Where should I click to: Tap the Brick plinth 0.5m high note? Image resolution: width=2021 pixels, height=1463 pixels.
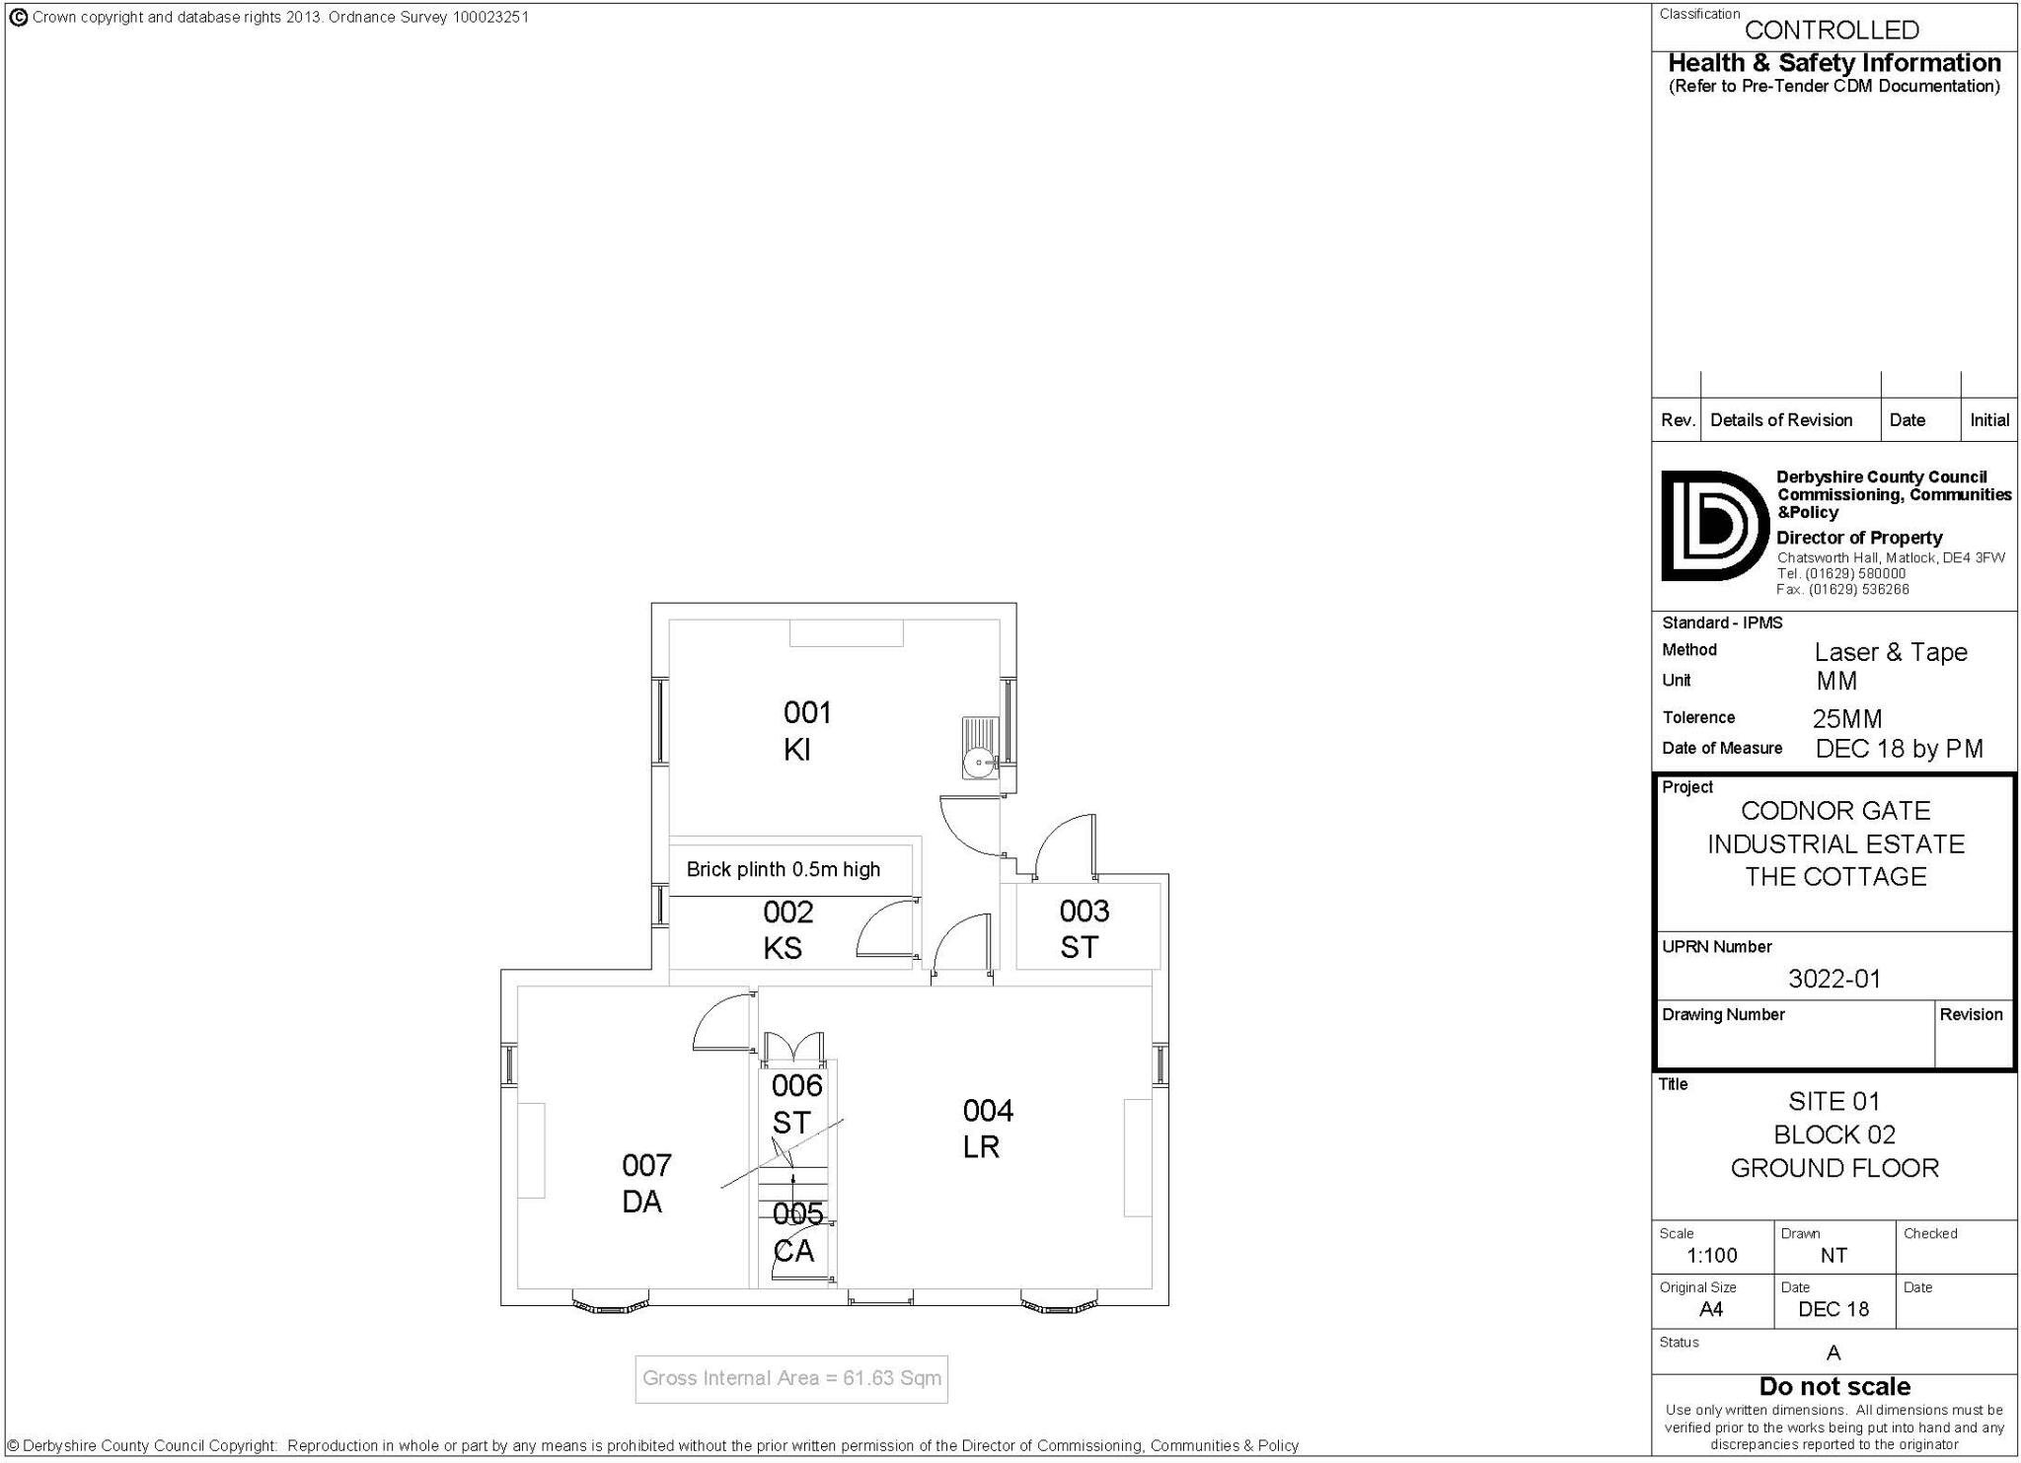click(783, 869)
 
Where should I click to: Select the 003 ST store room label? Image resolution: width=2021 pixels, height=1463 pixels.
click(1083, 928)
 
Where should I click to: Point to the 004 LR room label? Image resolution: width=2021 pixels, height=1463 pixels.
click(986, 1129)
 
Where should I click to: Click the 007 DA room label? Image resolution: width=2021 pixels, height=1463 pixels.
click(645, 1183)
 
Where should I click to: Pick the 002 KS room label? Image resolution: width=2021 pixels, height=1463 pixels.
click(786, 929)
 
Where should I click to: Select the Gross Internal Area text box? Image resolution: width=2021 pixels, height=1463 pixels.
click(791, 1378)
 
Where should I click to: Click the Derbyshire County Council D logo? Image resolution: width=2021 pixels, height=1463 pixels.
click(1713, 526)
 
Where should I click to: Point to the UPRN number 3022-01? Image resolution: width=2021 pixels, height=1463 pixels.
click(1834, 979)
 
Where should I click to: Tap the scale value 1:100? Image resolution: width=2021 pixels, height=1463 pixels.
click(1711, 1255)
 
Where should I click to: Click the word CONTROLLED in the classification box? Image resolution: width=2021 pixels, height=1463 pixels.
click(1832, 30)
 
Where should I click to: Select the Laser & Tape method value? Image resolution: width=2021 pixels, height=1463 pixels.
click(1890, 652)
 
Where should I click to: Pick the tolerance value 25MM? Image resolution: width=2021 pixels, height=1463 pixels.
click(1847, 718)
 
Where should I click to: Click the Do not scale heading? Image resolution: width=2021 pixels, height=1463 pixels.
click(1834, 1386)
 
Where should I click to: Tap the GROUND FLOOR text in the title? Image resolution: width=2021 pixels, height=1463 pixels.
click(1834, 1168)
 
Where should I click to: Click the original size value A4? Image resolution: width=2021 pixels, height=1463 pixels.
click(1710, 1309)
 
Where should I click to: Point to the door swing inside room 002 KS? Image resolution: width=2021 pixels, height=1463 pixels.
click(884, 932)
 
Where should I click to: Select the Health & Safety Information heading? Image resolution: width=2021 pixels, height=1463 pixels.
click(1834, 63)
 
